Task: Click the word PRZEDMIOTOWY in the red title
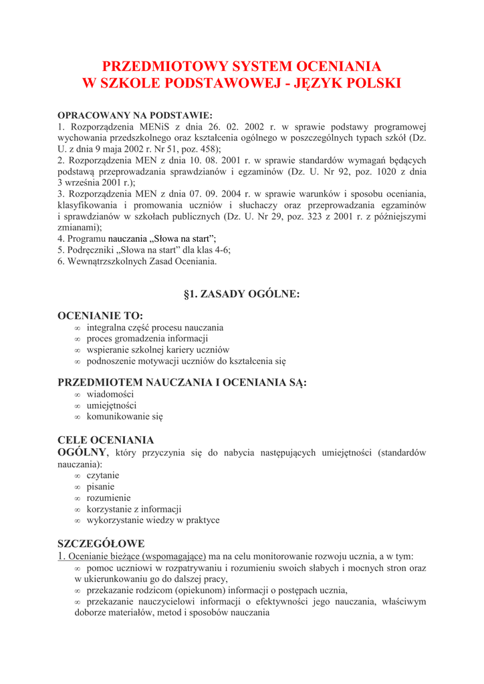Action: (x=164, y=66)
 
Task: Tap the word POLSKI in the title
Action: (x=370, y=83)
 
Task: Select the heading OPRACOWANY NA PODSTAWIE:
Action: (x=135, y=115)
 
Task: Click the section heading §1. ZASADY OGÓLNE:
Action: (x=241, y=294)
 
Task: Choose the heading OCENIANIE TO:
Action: (x=100, y=315)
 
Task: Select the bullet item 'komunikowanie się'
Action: (x=124, y=416)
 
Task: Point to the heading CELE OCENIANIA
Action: (x=106, y=440)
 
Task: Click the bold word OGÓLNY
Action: (x=83, y=453)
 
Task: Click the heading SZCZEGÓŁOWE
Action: (x=101, y=543)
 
